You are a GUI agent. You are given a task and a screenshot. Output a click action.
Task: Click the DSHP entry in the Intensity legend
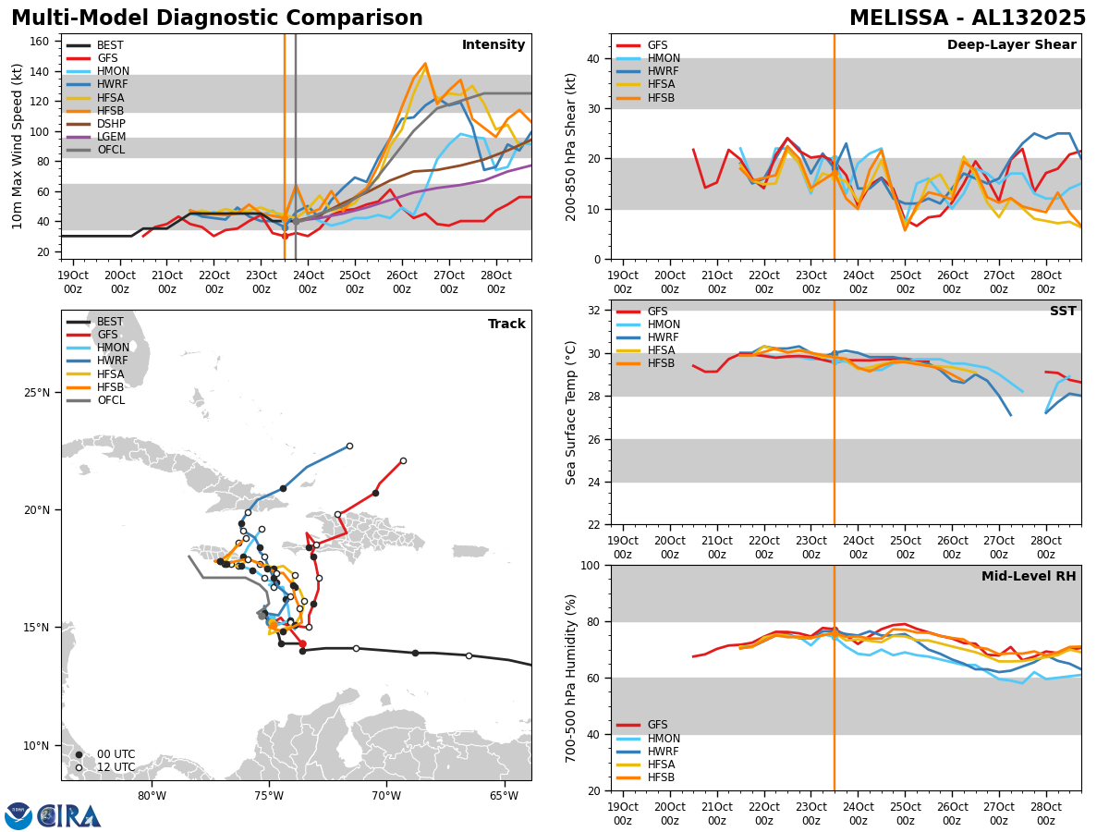(x=110, y=123)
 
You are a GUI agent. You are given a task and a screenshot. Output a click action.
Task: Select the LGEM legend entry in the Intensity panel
(x=110, y=136)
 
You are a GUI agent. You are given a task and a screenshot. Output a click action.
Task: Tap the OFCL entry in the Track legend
(x=110, y=400)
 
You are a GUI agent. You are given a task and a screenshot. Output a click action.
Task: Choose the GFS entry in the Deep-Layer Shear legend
(x=658, y=45)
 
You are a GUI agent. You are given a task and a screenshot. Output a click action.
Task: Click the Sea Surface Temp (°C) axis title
(x=572, y=412)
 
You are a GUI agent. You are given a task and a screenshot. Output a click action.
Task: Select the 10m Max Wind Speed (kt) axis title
(x=18, y=146)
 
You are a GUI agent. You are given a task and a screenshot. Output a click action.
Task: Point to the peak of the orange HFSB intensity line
(x=425, y=64)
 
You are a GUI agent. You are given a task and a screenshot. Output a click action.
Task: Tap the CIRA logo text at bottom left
(x=68, y=815)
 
